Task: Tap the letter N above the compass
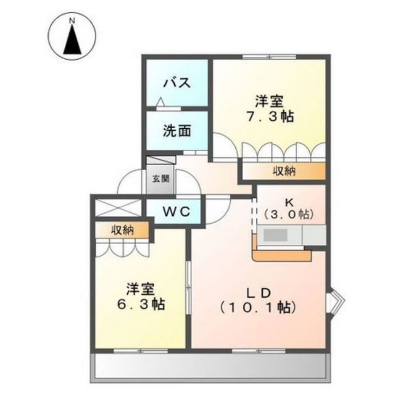[73, 20]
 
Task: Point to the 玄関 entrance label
[157, 179]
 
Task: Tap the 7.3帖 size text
[269, 116]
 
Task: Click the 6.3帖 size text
[141, 305]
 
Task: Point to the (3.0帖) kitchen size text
[289, 215]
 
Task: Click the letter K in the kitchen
[289, 202]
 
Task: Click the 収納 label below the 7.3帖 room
[285, 171]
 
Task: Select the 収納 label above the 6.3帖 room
[122, 230]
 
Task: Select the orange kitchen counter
[281, 255]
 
